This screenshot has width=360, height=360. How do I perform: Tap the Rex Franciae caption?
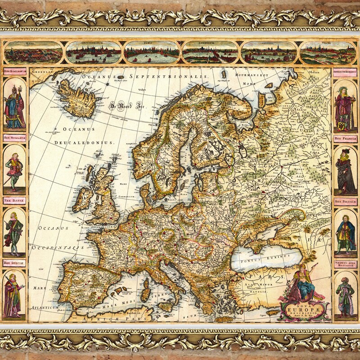coord(344,139)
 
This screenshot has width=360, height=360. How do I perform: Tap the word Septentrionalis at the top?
coord(171,76)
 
